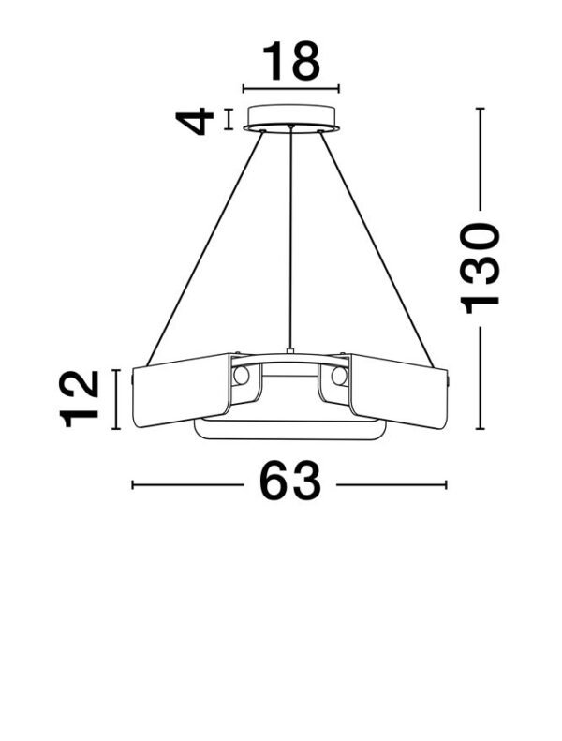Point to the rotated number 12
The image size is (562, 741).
[81, 399]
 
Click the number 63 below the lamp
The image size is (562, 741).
[289, 483]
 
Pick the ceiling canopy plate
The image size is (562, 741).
[291, 119]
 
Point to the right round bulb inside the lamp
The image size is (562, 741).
[339, 377]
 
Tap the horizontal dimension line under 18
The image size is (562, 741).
[290, 89]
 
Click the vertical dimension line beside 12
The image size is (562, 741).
[116, 399]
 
